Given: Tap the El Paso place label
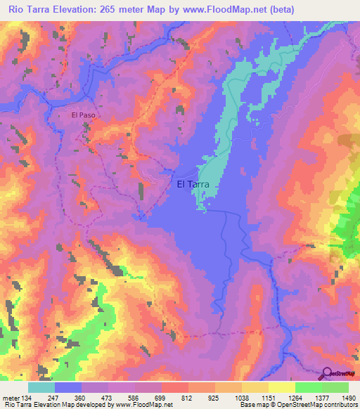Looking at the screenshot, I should tap(83, 115).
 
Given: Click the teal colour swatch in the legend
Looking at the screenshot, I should tap(41, 387).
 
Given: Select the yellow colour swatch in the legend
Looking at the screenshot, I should tap(281, 387).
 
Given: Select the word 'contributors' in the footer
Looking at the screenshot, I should tap(339, 405).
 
